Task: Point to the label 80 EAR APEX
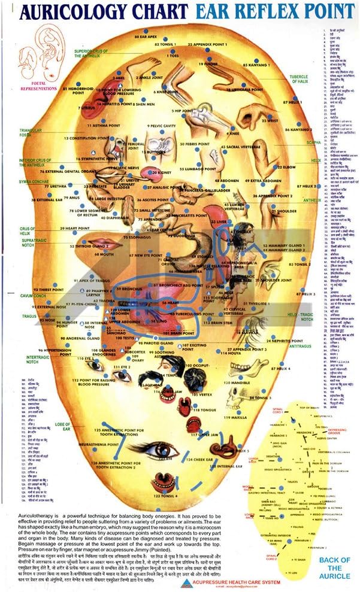point(150,37)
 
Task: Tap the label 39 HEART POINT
point(78,229)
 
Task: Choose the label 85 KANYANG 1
point(259,64)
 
